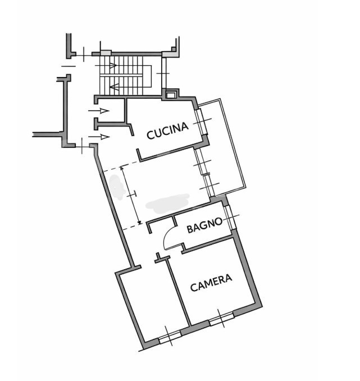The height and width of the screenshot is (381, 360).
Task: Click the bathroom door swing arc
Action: pos(166,239)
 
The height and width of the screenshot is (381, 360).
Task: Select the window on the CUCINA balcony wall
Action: pos(200,120)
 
